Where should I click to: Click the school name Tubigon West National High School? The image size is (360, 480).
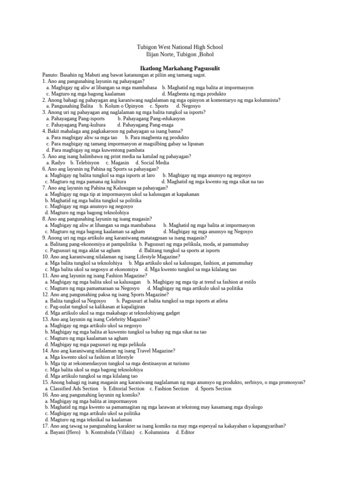click(x=180, y=47)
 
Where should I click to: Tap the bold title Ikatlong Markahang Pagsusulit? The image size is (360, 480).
click(x=180, y=68)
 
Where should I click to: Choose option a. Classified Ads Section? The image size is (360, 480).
click(x=71, y=389)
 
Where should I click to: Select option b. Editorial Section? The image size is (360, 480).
click(x=124, y=389)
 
